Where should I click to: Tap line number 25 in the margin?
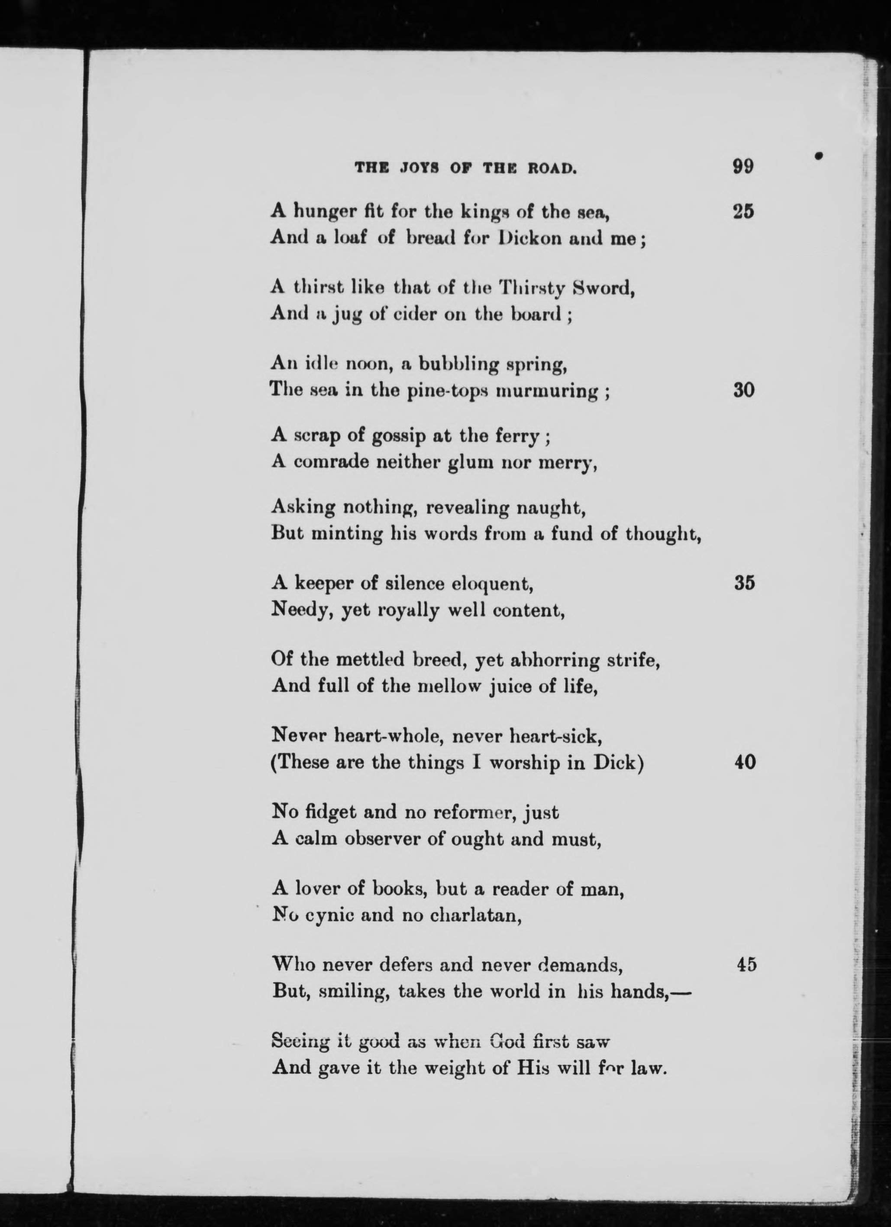[743, 212]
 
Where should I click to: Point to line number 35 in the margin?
[745, 584]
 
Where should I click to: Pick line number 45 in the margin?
[746, 964]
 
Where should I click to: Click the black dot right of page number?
[819, 156]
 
